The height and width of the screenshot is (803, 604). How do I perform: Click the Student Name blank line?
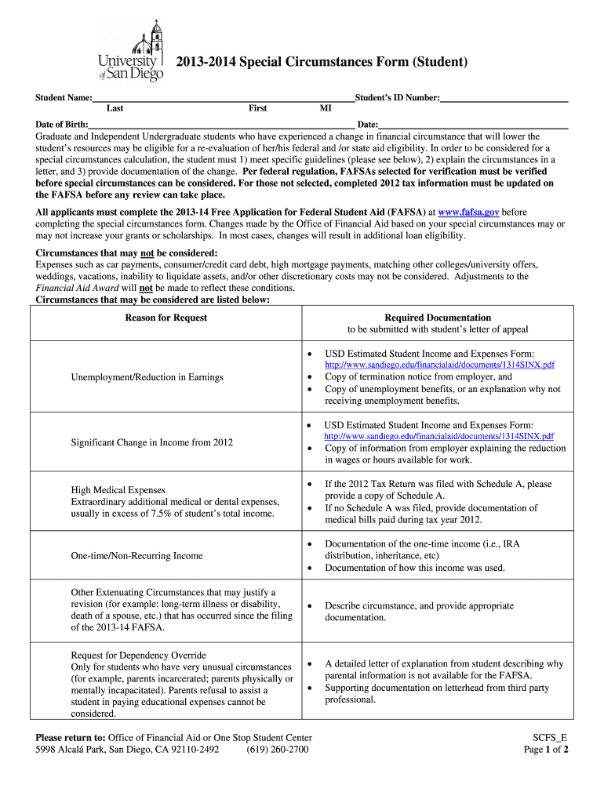tap(223, 99)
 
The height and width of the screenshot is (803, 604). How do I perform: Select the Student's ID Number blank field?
tap(504, 99)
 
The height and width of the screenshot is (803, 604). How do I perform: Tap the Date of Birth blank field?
tap(220, 125)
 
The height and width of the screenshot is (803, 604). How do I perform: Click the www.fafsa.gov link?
tap(468, 213)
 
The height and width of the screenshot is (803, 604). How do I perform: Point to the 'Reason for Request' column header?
tap(166, 318)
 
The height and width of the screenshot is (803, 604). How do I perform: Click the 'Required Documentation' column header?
tap(438, 318)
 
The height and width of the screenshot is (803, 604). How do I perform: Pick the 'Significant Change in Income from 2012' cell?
tap(152, 442)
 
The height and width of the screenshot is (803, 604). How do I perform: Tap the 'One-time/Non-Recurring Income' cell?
tap(136, 556)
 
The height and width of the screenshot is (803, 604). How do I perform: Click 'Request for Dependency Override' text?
tap(139, 656)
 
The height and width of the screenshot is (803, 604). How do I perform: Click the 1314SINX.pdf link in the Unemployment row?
tap(440, 365)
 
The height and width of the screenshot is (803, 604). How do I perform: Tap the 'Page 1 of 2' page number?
tap(546, 750)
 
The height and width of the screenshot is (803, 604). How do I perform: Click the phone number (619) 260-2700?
tap(277, 750)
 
